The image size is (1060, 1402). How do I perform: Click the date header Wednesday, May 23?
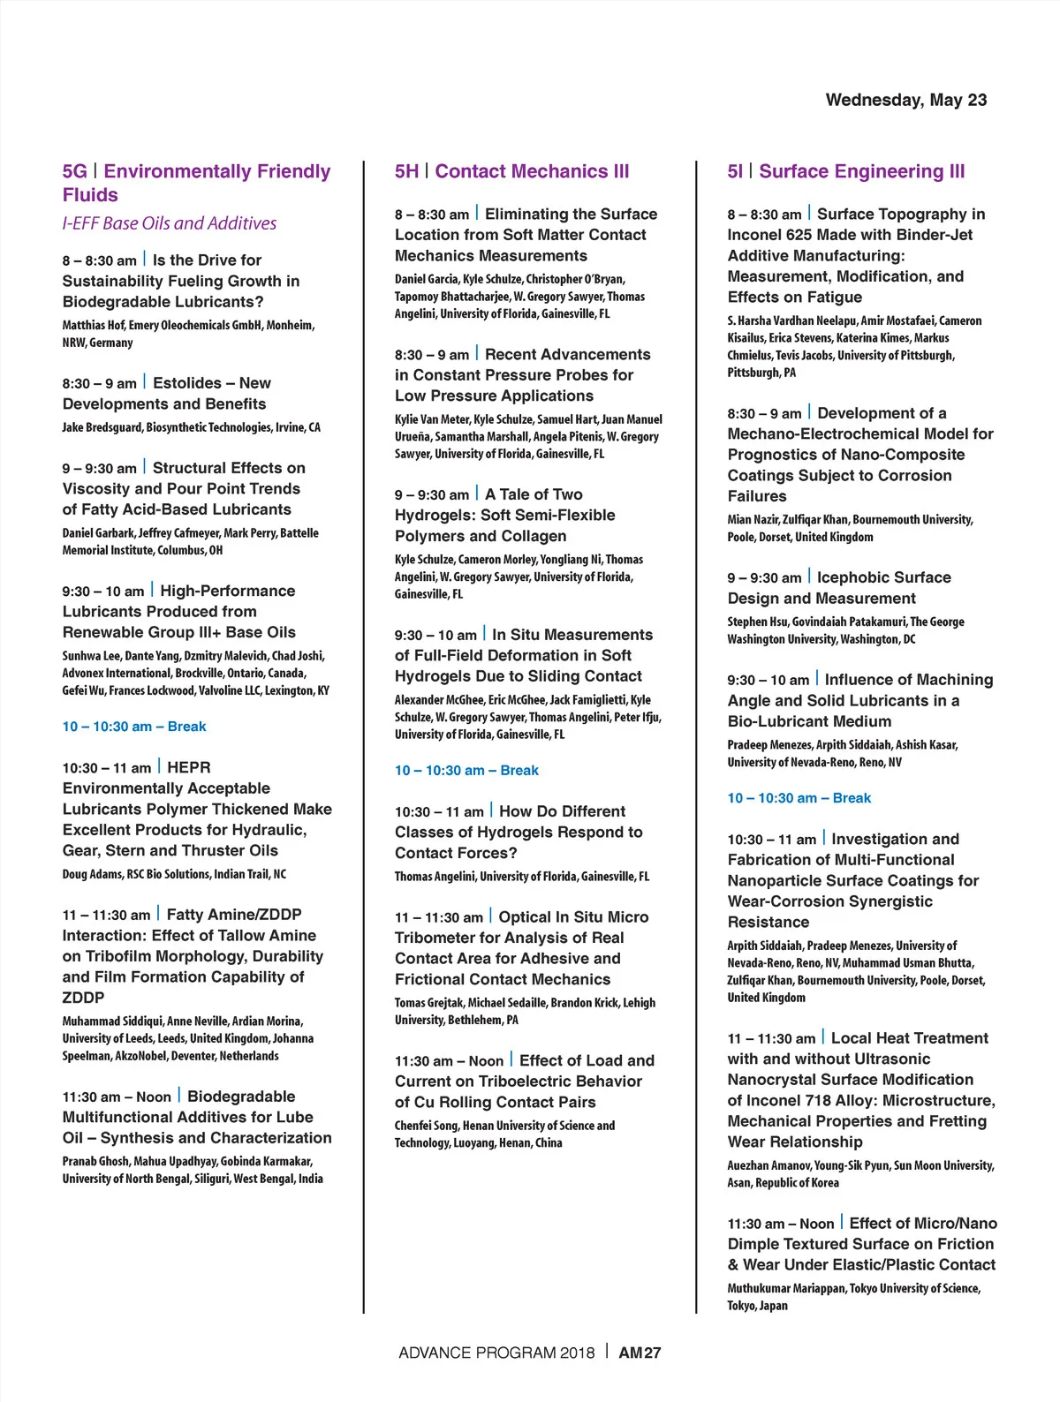tap(905, 100)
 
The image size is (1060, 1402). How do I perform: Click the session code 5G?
tap(74, 171)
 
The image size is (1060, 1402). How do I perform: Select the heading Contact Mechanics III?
tap(532, 171)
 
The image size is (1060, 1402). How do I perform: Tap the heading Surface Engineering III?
tap(861, 171)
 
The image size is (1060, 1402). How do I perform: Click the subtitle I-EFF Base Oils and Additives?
tap(169, 223)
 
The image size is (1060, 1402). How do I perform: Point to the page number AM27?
tap(640, 1353)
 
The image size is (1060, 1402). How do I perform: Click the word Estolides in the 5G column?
tap(187, 383)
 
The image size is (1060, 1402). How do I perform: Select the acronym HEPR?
tap(189, 767)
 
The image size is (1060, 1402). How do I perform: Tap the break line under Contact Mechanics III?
tap(466, 770)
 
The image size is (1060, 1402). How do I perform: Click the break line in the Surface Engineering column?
tap(799, 798)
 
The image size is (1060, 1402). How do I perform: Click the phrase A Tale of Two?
tap(534, 494)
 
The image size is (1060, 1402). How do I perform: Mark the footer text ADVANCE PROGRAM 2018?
tap(496, 1353)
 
